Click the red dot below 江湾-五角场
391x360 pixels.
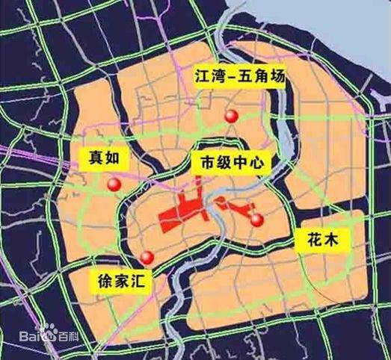[x=232, y=117]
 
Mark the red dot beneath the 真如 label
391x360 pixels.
[x=114, y=184]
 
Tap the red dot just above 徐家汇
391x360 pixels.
[x=148, y=258]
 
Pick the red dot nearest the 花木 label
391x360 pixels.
[x=256, y=220]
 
